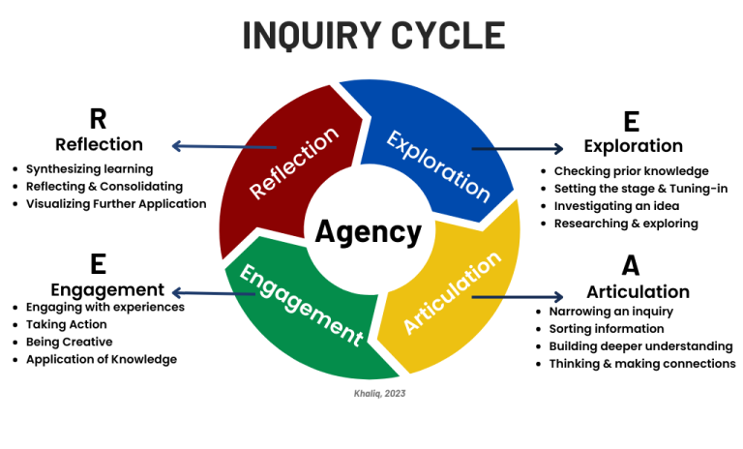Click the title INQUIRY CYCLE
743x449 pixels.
(372, 36)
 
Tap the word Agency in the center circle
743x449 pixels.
(369, 232)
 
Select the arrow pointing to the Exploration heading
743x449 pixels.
(517, 149)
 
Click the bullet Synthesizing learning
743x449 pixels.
(84, 168)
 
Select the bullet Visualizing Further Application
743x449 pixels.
(116, 203)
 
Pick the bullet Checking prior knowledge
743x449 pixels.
(631, 171)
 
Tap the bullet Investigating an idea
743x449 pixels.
(617, 206)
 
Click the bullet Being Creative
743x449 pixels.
(69, 342)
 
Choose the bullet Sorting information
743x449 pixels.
(607, 329)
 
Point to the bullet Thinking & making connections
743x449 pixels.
(642, 364)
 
